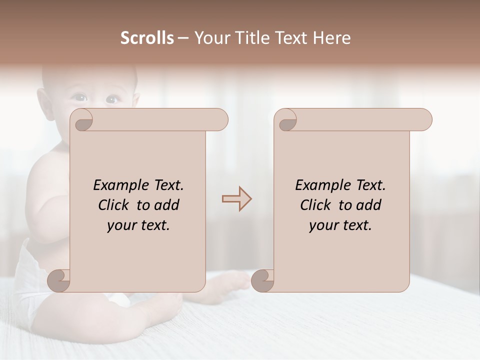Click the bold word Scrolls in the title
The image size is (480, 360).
point(147,38)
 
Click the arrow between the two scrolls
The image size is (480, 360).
point(236,198)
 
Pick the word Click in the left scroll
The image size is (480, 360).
point(114,205)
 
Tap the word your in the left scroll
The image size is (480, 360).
point(120,225)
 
